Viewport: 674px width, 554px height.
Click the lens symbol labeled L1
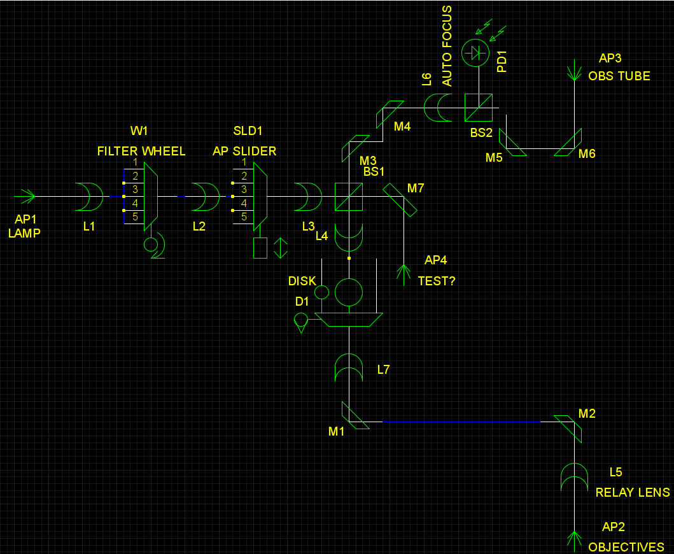tap(90, 196)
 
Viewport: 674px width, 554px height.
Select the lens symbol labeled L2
tap(206, 196)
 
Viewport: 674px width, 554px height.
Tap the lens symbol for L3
tap(307, 196)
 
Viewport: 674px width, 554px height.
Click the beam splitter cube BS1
tap(348, 197)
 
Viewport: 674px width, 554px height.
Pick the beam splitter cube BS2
tap(478, 108)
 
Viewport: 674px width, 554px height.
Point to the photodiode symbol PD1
tap(474, 53)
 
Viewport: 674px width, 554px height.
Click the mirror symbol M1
tap(355, 416)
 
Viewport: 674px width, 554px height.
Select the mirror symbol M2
tap(568, 429)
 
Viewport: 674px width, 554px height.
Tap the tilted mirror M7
tap(400, 199)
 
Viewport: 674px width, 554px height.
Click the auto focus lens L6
tap(438, 108)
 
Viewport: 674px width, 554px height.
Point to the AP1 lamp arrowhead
tap(27, 196)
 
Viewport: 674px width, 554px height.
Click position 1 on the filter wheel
tap(135, 162)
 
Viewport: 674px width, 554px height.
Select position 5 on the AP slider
tap(243, 217)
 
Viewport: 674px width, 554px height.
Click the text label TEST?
tap(436, 281)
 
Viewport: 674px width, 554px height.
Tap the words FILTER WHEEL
tap(141, 151)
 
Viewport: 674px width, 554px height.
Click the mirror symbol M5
tap(512, 143)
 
